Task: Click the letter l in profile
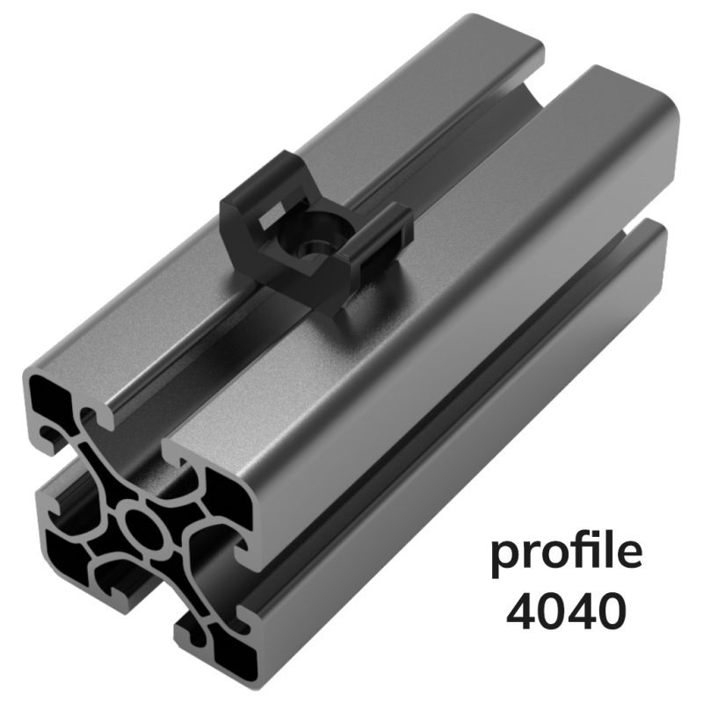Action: coord(609,550)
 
